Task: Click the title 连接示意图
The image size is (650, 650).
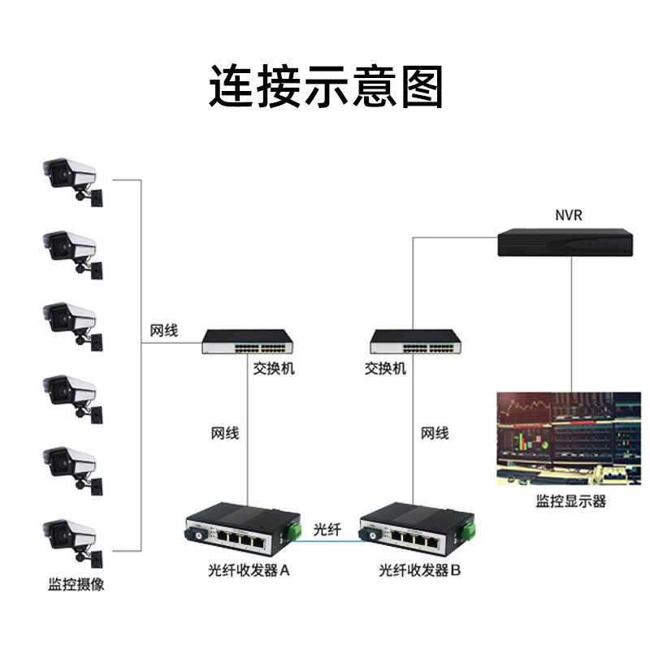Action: click(x=326, y=87)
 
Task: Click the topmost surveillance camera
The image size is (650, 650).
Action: click(x=73, y=181)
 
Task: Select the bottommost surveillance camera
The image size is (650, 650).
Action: click(x=73, y=543)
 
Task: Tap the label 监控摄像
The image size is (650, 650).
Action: click(x=76, y=584)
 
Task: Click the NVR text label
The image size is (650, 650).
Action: click(x=568, y=215)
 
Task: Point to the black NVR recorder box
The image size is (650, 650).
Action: click(x=565, y=242)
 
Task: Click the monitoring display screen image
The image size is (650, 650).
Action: click(x=568, y=439)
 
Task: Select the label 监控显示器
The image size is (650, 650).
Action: click(x=571, y=501)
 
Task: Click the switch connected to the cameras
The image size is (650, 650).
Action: click(x=248, y=341)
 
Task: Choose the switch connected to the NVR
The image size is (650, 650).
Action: click(x=416, y=341)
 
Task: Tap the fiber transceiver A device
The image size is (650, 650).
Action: click(x=243, y=531)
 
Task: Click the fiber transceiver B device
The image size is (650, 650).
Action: click(x=417, y=531)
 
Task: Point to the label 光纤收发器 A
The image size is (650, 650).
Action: click(x=249, y=570)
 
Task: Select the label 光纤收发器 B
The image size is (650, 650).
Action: click(x=419, y=570)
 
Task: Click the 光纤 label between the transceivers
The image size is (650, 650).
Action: click(x=327, y=530)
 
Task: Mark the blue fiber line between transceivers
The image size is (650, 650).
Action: click(x=326, y=540)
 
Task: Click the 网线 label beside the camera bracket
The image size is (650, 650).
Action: click(x=164, y=331)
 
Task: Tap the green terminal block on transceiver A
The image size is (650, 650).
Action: click(x=295, y=531)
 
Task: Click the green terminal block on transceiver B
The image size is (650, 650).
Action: click(x=469, y=531)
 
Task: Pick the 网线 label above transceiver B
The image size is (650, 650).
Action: click(x=435, y=434)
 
